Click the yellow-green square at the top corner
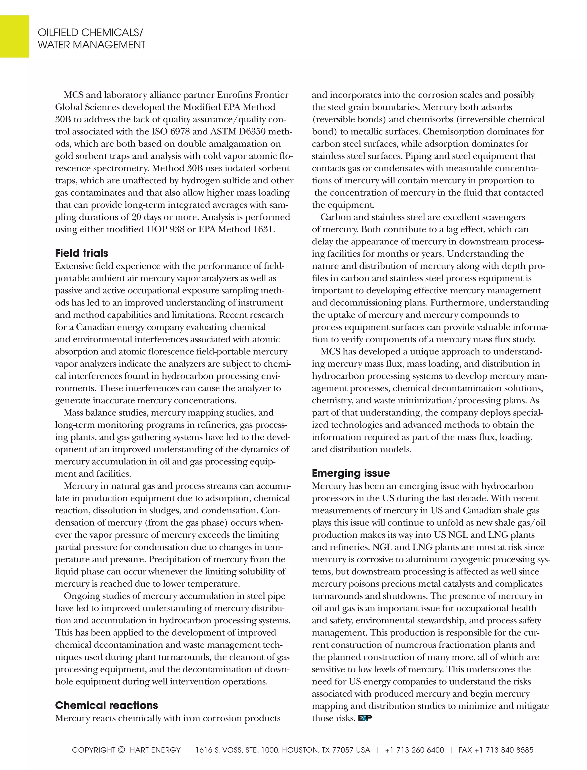pyautogui.click(x=14, y=36)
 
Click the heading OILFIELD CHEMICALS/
pyautogui.click(x=90, y=33)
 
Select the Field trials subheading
pyautogui.click(x=81, y=253)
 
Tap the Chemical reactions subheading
pyautogui.click(x=106, y=705)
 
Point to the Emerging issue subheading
pyautogui.click(x=351, y=473)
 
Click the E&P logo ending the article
pyautogui.click(x=365, y=718)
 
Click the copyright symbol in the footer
pyautogui.click(x=121, y=750)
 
